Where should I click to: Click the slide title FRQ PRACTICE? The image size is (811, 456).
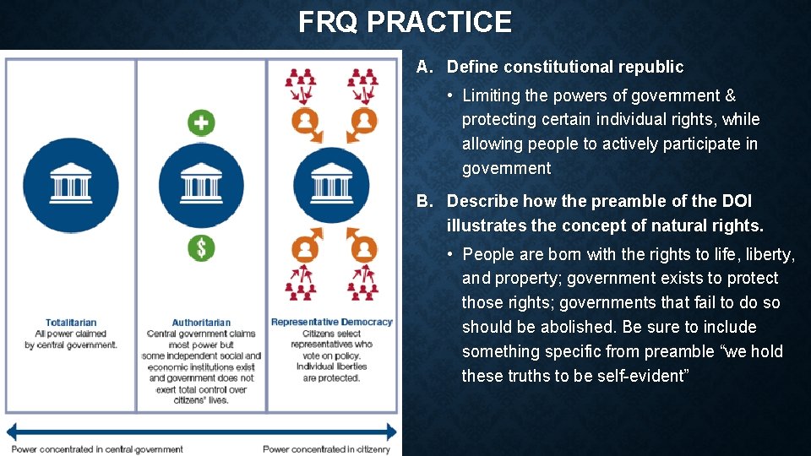coord(405,22)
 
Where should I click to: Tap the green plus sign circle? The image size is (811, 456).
coord(201,122)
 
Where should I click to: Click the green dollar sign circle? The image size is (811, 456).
coord(201,248)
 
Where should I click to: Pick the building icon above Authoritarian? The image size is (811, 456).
coord(201,185)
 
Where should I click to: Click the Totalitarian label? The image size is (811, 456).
coord(71,323)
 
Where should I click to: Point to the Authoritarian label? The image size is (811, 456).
coord(201,323)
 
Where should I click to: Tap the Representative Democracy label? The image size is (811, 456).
coord(332,322)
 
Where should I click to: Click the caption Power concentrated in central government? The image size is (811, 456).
coord(97,449)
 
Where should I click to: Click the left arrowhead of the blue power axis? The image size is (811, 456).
coord(12,432)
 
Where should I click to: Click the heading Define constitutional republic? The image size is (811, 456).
coord(565,67)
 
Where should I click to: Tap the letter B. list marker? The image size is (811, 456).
coord(425,201)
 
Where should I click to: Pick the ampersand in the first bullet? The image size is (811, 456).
coord(731,95)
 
